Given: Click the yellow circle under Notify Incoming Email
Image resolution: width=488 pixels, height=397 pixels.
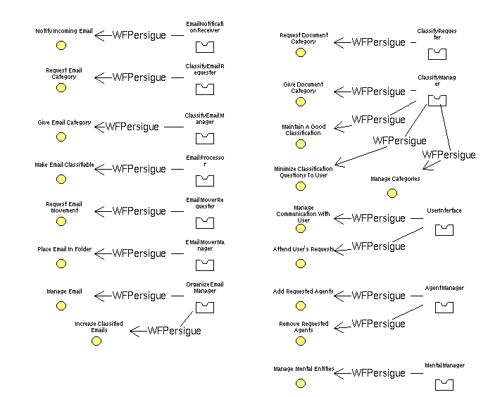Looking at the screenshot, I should point(61,46).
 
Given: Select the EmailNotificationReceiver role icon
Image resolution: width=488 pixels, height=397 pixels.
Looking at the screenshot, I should point(204,47).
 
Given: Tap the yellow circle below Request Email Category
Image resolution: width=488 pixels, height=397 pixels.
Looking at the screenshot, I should point(61,88).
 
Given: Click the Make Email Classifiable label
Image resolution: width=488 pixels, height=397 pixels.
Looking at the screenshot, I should point(64,165).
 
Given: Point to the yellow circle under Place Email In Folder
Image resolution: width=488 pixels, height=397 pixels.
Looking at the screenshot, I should point(61,264).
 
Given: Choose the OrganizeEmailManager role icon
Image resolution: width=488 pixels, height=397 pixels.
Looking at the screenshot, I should point(204,307).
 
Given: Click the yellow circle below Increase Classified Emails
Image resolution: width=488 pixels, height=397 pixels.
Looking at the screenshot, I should point(96,341).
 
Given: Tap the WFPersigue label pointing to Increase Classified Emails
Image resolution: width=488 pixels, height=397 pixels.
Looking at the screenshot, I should point(174,331).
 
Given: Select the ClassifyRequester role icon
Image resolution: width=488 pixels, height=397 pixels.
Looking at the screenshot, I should point(438,52).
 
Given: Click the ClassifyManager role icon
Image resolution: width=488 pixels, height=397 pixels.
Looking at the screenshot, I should point(437,100).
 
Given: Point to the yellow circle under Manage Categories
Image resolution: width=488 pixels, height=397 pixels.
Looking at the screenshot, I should point(392,194).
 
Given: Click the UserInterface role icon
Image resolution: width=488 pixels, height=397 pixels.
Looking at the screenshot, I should point(444,229).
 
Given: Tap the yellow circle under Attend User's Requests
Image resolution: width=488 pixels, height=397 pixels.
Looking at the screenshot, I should point(301,264).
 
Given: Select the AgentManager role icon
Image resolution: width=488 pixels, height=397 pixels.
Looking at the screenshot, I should point(444,307).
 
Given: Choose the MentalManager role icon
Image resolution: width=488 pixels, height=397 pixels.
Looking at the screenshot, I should point(444,384).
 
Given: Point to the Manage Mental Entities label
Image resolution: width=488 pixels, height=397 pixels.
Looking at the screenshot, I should point(304,369).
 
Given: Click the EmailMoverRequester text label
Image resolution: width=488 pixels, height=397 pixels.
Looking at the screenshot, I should point(205,203).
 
